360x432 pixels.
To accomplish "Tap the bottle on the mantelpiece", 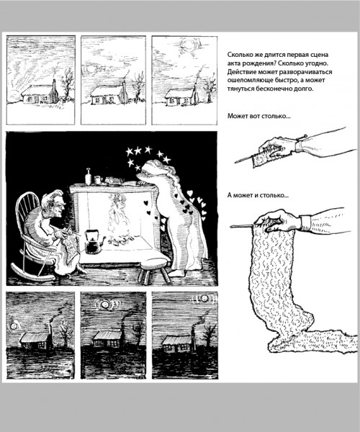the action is tap(88, 176).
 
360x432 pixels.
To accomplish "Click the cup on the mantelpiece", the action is tap(98, 180).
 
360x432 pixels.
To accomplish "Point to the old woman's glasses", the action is tap(60, 204).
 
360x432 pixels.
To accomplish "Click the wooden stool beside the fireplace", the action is tap(153, 268).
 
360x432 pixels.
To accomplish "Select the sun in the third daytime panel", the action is tap(189, 44).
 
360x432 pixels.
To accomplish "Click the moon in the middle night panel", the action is tap(105, 305).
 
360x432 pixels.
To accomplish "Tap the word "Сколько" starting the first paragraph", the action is tap(239, 55).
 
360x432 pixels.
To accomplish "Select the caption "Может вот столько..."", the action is tap(259, 116).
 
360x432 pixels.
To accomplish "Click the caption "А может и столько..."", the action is tap(258, 195).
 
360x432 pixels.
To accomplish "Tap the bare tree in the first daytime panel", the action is tap(67, 84).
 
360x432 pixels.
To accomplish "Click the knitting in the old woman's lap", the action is tap(71, 245).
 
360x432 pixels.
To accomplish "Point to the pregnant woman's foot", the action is tap(177, 273).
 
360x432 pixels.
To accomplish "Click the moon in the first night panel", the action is tap(13, 326).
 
